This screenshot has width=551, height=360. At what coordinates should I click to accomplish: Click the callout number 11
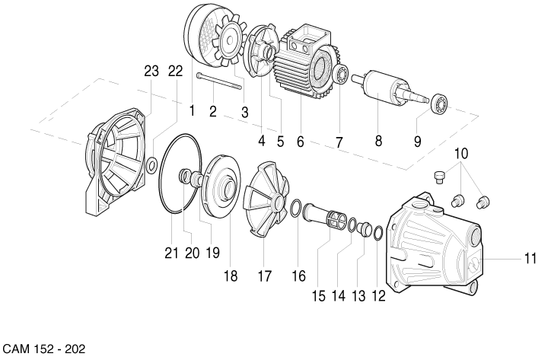click(x=530, y=259)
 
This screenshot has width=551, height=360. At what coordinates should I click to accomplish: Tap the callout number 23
click(x=151, y=71)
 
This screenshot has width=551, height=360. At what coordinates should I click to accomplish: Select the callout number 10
click(x=461, y=153)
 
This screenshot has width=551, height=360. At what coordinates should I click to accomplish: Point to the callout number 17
click(x=265, y=276)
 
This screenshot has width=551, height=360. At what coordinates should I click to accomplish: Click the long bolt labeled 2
click(x=219, y=81)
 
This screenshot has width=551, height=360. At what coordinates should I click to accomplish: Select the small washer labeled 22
click(x=151, y=165)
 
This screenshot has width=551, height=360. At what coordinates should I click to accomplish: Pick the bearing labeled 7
click(x=341, y=74)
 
